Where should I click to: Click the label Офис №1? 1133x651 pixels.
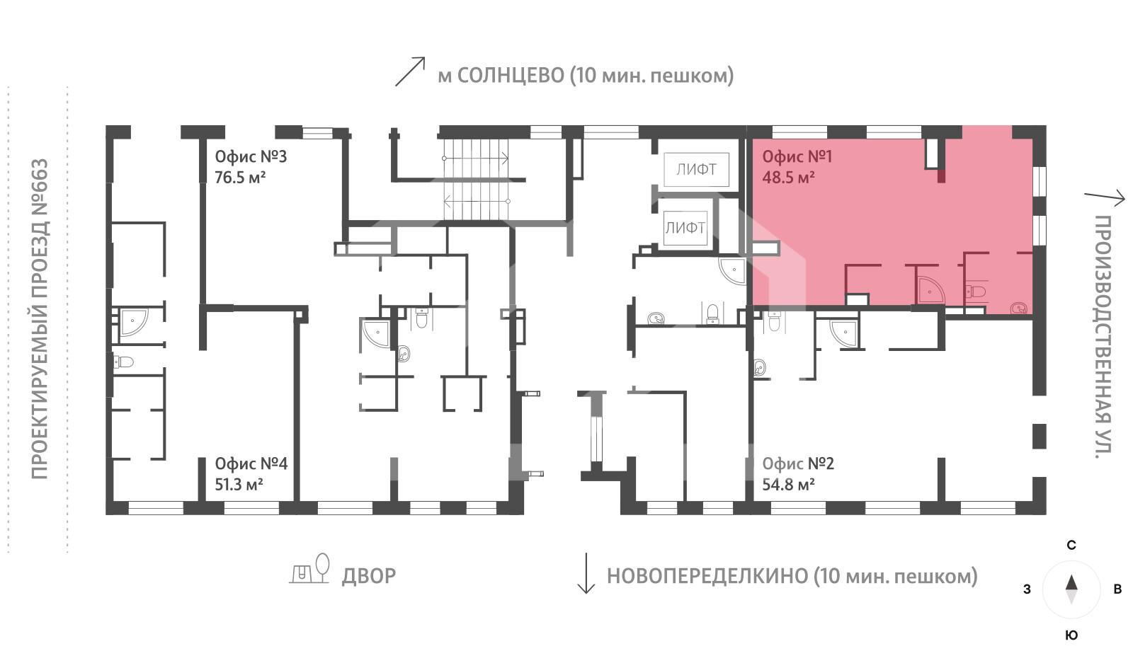797,156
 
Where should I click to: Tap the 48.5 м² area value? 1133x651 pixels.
789,178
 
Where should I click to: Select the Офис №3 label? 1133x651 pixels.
251,156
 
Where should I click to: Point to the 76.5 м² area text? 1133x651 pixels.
240,178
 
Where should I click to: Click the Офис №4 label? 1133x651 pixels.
251,463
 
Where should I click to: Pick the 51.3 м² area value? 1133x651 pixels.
239,485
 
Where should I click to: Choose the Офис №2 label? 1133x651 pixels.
798,463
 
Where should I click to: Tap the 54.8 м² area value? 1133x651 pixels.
789,485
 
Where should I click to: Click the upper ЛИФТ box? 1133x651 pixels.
697,170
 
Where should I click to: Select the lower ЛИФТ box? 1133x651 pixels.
685,228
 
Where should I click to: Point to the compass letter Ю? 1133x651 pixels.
1071,635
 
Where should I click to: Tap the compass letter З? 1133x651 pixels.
1027,589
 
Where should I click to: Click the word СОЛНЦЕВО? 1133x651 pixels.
511,76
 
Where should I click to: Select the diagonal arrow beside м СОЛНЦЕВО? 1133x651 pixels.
410,71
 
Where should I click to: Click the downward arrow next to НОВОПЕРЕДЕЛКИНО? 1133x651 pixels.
586,573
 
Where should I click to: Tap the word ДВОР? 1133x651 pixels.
369,576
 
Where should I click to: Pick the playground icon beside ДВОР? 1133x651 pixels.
309,569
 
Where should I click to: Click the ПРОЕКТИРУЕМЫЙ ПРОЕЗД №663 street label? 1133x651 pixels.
40,319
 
